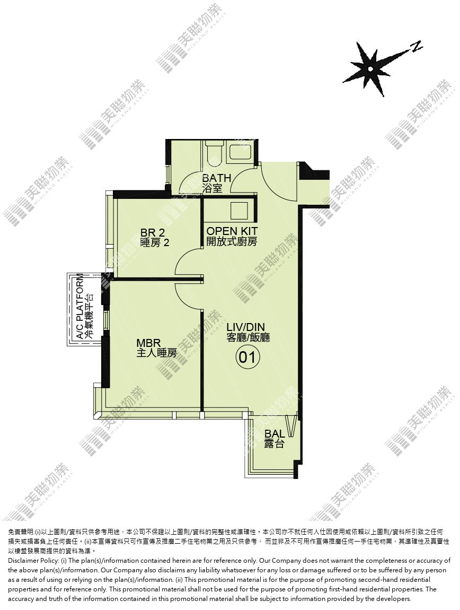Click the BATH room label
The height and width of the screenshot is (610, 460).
click(x=217, y=178)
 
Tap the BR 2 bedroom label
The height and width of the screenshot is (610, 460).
click(x=153, y=233)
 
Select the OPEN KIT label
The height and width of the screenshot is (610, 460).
click(x=232, y=231)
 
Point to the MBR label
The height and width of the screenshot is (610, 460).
click(x=148, y=343)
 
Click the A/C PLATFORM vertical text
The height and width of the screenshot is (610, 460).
click(x=79, y=306)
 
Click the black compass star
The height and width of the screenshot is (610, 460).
click(x=370, y=69)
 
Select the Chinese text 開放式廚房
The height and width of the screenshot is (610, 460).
click(x=232, y=241)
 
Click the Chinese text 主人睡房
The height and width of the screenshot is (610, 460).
click(x=156, y=353)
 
